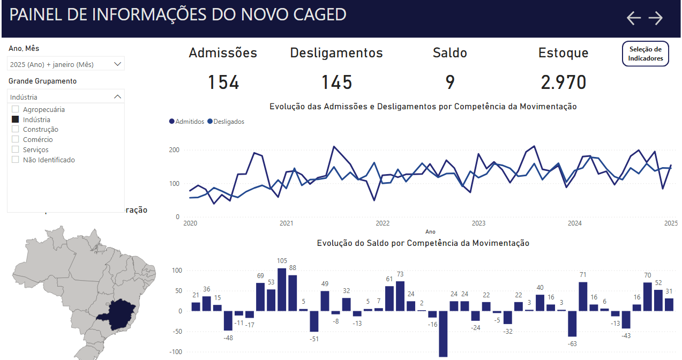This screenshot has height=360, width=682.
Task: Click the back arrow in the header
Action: (634, 18)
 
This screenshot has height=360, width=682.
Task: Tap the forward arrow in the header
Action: (656, 18)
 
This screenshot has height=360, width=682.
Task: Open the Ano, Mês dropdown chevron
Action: (118, 64)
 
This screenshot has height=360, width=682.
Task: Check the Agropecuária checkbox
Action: (16, 109)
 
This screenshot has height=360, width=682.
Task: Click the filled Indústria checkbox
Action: (16, 119)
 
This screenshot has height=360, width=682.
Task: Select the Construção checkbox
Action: (16, 129)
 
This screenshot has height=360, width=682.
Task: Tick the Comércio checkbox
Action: (16, 139)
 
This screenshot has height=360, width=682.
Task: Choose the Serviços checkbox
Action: (16, 149)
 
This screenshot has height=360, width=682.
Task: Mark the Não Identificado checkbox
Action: (16, 160)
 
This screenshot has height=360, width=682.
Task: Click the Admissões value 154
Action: (223, 82)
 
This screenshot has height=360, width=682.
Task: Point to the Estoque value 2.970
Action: (564, 82)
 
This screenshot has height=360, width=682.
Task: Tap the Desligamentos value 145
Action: (336, 82)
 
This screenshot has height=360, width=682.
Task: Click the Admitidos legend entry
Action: (186, 122)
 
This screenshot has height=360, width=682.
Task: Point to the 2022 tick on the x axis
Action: (383, 223)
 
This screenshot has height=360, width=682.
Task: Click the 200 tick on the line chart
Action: (174, 149)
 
